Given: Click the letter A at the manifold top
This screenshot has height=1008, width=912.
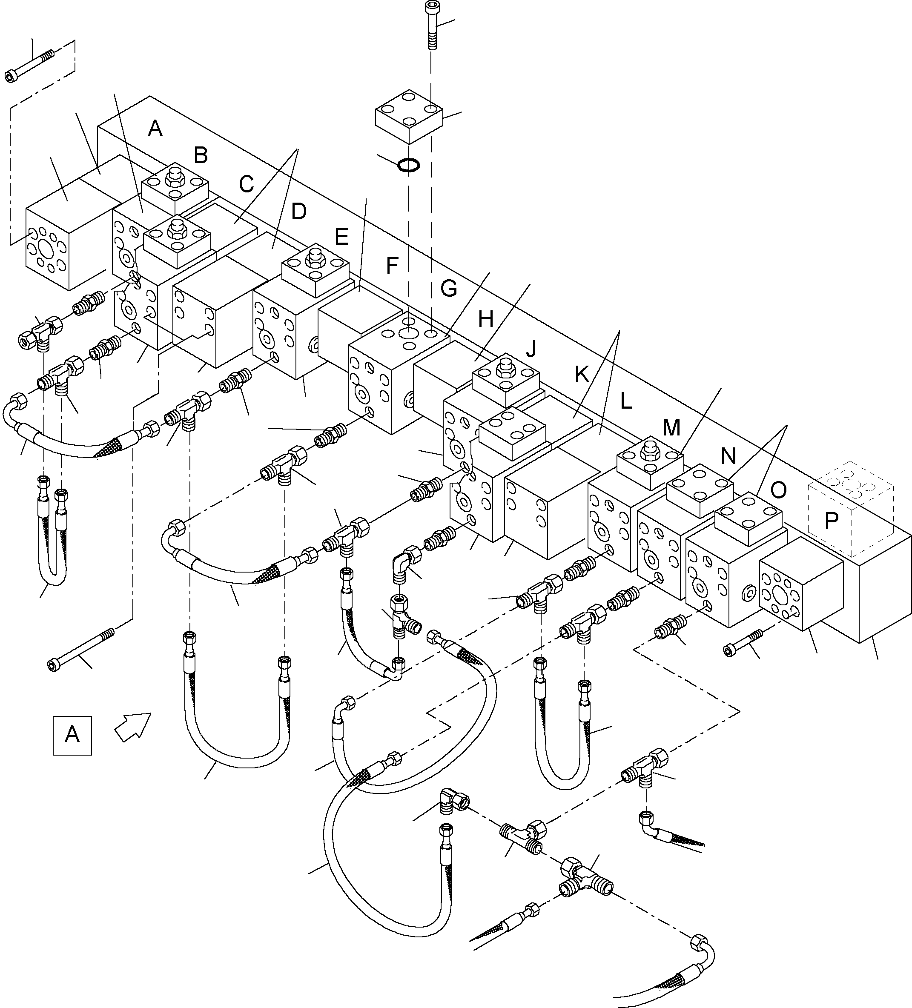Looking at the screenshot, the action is (x=155, y=129).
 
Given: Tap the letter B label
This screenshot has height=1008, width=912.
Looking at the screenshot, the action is (x=201, y=155).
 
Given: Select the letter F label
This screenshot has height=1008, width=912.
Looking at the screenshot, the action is (x=392, y=266).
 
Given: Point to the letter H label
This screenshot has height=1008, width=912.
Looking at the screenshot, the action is (x=485, y=319).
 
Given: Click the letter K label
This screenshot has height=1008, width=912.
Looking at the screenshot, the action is (x=582, y=375).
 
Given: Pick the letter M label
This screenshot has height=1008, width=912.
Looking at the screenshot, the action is (x=671, y=427).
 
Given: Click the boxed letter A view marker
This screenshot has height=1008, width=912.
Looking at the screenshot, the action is (x=72, y=736).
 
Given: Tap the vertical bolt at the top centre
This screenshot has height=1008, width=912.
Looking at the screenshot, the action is (x=431, y=25).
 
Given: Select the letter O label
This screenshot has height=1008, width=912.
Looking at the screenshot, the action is (x=778, y=490).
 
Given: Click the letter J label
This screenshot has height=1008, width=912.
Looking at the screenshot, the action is (x=531, y=349).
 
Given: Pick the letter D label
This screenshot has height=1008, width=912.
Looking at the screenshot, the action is (x=298, y=212).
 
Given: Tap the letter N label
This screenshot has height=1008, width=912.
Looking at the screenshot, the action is (x=728, y=456).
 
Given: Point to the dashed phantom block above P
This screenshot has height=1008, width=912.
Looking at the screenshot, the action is (x=851, y=509).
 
